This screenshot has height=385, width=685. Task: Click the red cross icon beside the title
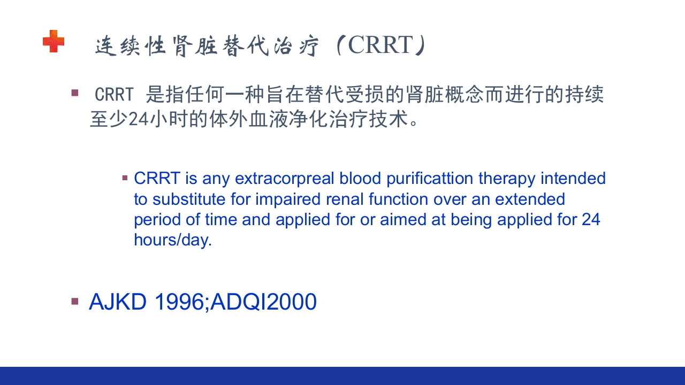point(54,41)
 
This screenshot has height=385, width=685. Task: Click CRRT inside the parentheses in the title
point(380,45)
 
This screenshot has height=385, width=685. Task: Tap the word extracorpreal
point(284,179)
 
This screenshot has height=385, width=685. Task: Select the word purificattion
point(430,179)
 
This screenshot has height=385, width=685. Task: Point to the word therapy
point(507,179)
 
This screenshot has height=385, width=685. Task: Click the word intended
point(573,178)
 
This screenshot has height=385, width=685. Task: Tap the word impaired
point(288,199)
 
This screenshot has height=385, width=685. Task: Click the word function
point(398,199)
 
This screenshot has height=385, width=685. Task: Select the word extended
point(530,199)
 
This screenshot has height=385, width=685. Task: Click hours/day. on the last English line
point(173,240)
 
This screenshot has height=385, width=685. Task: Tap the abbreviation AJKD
point(118,302)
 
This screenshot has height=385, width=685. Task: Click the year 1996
point(179,302)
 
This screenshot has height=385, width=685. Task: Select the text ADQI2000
point(263,302)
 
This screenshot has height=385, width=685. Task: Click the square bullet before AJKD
point(75,302)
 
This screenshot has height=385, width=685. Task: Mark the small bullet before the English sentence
point(125,178)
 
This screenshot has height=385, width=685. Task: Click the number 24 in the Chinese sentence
point(139,119)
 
